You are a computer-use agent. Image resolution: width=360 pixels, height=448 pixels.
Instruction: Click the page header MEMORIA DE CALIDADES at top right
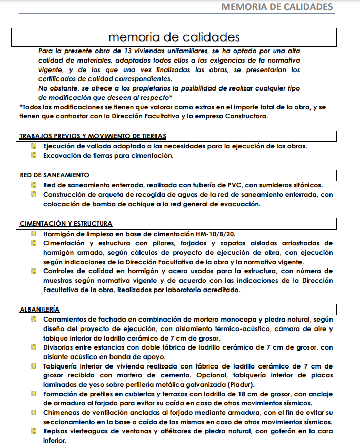[x=277, y=7]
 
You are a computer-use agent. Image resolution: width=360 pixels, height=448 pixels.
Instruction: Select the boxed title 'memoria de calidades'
[x=174, y=37]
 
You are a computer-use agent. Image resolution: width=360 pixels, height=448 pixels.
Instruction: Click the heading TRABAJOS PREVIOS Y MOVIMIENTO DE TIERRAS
[x=93, y=136]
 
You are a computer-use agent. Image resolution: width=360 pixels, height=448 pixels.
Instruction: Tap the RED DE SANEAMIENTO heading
[x=54, y=175]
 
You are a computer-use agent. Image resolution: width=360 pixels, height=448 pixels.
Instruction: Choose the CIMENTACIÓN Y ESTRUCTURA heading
[x=66, y=223]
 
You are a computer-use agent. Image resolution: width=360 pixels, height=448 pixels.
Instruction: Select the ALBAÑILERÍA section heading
[x=39, y=309]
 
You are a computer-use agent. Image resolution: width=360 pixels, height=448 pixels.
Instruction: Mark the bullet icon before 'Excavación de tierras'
[x=34, y=156]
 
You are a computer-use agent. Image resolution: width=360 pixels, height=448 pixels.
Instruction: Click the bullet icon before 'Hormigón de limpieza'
[x=34, y=233]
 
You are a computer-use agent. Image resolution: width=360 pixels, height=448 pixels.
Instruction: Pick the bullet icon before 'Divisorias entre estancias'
[x=34, y=347]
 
